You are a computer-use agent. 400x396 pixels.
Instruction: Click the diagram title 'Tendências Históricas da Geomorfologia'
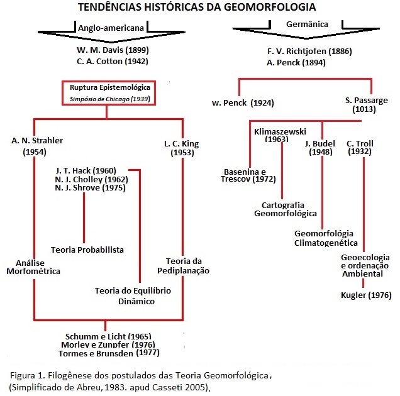click(197, 7)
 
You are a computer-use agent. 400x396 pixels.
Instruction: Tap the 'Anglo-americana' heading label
click(111, 28)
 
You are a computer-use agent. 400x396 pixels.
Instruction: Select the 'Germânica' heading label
click(307, 25)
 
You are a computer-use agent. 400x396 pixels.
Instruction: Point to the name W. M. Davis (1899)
click(113, 50)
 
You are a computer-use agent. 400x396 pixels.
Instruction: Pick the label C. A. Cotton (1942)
click(112, 62)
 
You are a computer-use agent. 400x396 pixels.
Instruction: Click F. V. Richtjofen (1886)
click(309, 52)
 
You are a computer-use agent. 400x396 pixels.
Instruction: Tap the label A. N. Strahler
click(37, 141)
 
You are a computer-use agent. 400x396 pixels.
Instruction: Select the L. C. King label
click(181, 144)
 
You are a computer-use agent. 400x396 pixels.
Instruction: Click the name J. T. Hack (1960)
click(86, 170)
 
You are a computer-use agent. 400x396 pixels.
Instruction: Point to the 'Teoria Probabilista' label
click(87, 250)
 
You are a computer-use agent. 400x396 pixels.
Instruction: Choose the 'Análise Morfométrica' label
click(33, 267)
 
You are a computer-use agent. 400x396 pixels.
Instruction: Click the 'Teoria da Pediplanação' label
click(183, 266)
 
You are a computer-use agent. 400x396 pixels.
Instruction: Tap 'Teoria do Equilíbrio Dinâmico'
click(133, 296)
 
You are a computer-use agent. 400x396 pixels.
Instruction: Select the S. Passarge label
click(366, 100)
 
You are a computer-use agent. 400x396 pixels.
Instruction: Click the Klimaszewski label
click(280, 131)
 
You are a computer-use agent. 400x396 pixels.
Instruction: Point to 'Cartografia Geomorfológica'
click(285, 209)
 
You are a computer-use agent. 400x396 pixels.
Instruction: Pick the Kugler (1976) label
click(366, 295)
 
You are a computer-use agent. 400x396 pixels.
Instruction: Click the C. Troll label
click(360, 143)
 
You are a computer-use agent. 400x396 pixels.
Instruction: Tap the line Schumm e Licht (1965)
click(108, 336)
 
